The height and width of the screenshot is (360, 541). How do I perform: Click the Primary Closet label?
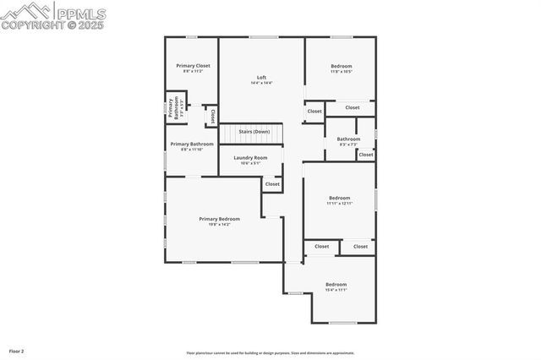pos(193,65)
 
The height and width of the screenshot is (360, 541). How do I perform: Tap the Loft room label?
pos(262,77)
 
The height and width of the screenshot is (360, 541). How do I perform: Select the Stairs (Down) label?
pos(254,132)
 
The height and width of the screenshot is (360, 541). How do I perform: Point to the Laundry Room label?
pos(250,158)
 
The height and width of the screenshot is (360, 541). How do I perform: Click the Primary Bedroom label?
pos(220,219)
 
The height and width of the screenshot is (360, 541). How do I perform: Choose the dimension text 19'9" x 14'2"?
pos(220,225)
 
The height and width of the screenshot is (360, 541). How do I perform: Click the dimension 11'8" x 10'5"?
pos(342,72)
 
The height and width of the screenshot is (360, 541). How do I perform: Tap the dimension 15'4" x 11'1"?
pos(336,291)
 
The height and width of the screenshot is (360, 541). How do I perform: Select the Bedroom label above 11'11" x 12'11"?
pos(339,198)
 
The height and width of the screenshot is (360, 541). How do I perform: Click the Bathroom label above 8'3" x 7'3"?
pos(348,139)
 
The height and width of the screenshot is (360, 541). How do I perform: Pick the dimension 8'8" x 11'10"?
pos(192,150)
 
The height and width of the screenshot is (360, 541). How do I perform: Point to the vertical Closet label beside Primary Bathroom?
pos(213,117)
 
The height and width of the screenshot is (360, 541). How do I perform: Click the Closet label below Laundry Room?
pos(272,184)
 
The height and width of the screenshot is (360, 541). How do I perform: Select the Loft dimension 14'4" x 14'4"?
pos(262,83)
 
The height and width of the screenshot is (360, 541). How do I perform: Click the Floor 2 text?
pos(17,350)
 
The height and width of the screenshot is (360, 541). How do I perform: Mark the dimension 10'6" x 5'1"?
pos(250,164)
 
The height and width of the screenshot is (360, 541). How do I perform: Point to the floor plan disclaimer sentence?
pos(270,353)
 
